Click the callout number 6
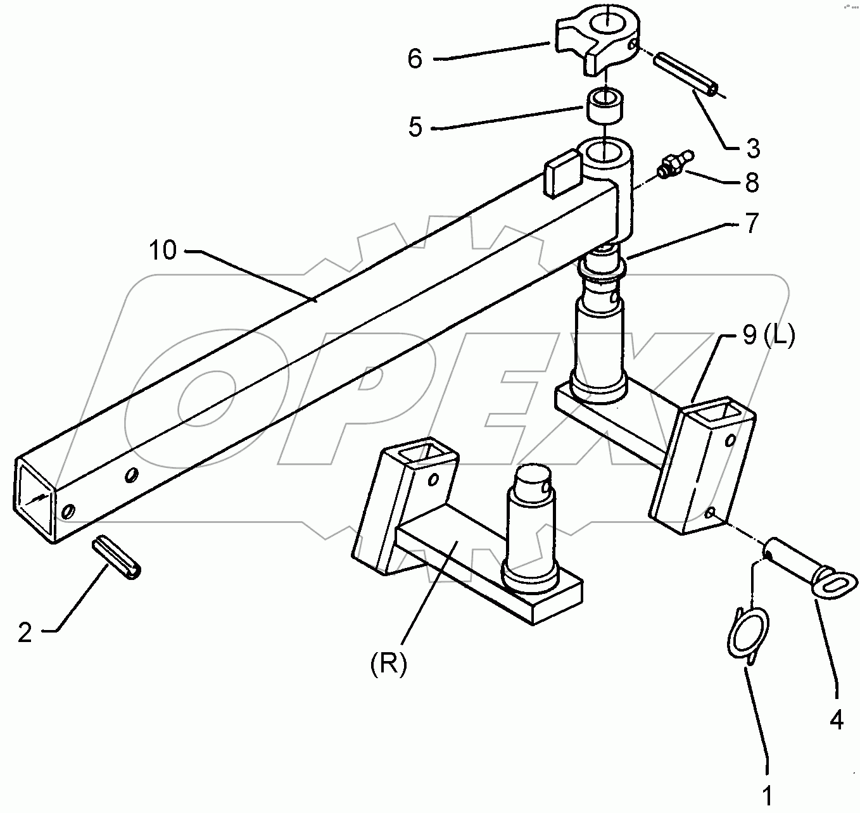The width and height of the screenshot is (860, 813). (x=415, y=59)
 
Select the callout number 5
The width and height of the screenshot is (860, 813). (x=415, y=127)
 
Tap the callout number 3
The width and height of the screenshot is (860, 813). (x=752, y=148)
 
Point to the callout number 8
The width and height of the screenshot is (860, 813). (x=752, y=182)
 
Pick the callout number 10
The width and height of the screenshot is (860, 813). (x=163, y=250)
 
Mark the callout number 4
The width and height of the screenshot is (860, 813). (x=837, y=720)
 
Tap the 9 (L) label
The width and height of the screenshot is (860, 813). (x=767, y=336)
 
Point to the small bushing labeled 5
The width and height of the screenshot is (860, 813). (x=606, y=104)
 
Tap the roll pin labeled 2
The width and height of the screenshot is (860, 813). (x=118, y=557)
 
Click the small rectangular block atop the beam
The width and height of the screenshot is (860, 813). (x=562, y=172)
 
